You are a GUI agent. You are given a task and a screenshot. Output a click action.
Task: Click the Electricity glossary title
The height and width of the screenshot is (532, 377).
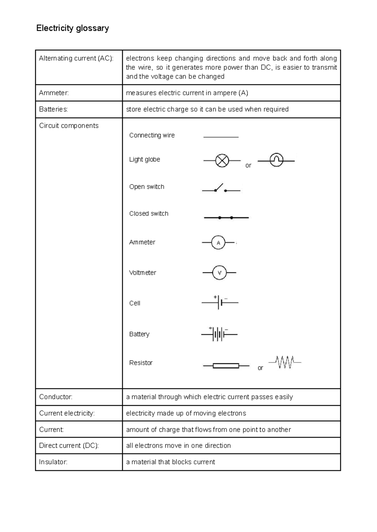[x=73, y=28]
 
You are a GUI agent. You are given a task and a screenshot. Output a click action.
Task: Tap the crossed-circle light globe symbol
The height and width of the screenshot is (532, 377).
[x=222, y=161]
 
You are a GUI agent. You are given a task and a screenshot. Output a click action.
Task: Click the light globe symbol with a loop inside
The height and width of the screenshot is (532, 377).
[x=276, y=160]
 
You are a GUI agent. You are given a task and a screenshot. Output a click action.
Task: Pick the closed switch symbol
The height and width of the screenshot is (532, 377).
[x=226, y=218]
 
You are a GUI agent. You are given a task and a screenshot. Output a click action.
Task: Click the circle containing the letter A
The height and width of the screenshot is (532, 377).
[x=218, y=243]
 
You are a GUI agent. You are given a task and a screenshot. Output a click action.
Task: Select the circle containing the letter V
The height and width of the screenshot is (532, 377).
[x=219, y=273]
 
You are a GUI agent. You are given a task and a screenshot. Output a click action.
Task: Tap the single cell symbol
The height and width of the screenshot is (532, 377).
[x=220, y=302]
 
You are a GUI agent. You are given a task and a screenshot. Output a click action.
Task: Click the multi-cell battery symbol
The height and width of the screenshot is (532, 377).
[x=219, y=334]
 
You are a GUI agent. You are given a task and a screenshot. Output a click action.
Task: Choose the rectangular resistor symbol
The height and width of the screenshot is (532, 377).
[x=226, y=366]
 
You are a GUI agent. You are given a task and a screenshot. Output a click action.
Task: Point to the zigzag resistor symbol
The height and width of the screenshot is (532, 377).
[x=285, y=362]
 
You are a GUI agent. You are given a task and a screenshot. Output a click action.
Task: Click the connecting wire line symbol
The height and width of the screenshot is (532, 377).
[x=221, y=137]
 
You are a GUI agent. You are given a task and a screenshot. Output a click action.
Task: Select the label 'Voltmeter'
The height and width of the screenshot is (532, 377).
[x=143, y=273]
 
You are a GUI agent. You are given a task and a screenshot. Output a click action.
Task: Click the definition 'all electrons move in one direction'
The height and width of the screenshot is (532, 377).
[x=178, y=446]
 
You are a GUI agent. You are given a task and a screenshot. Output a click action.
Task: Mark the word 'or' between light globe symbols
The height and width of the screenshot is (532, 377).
[x=248, y=166]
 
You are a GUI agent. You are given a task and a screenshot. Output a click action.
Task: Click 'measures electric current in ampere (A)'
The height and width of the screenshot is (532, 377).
[x=187, y=93]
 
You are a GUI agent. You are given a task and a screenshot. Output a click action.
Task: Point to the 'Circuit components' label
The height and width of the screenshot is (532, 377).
[x=69, y=126]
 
